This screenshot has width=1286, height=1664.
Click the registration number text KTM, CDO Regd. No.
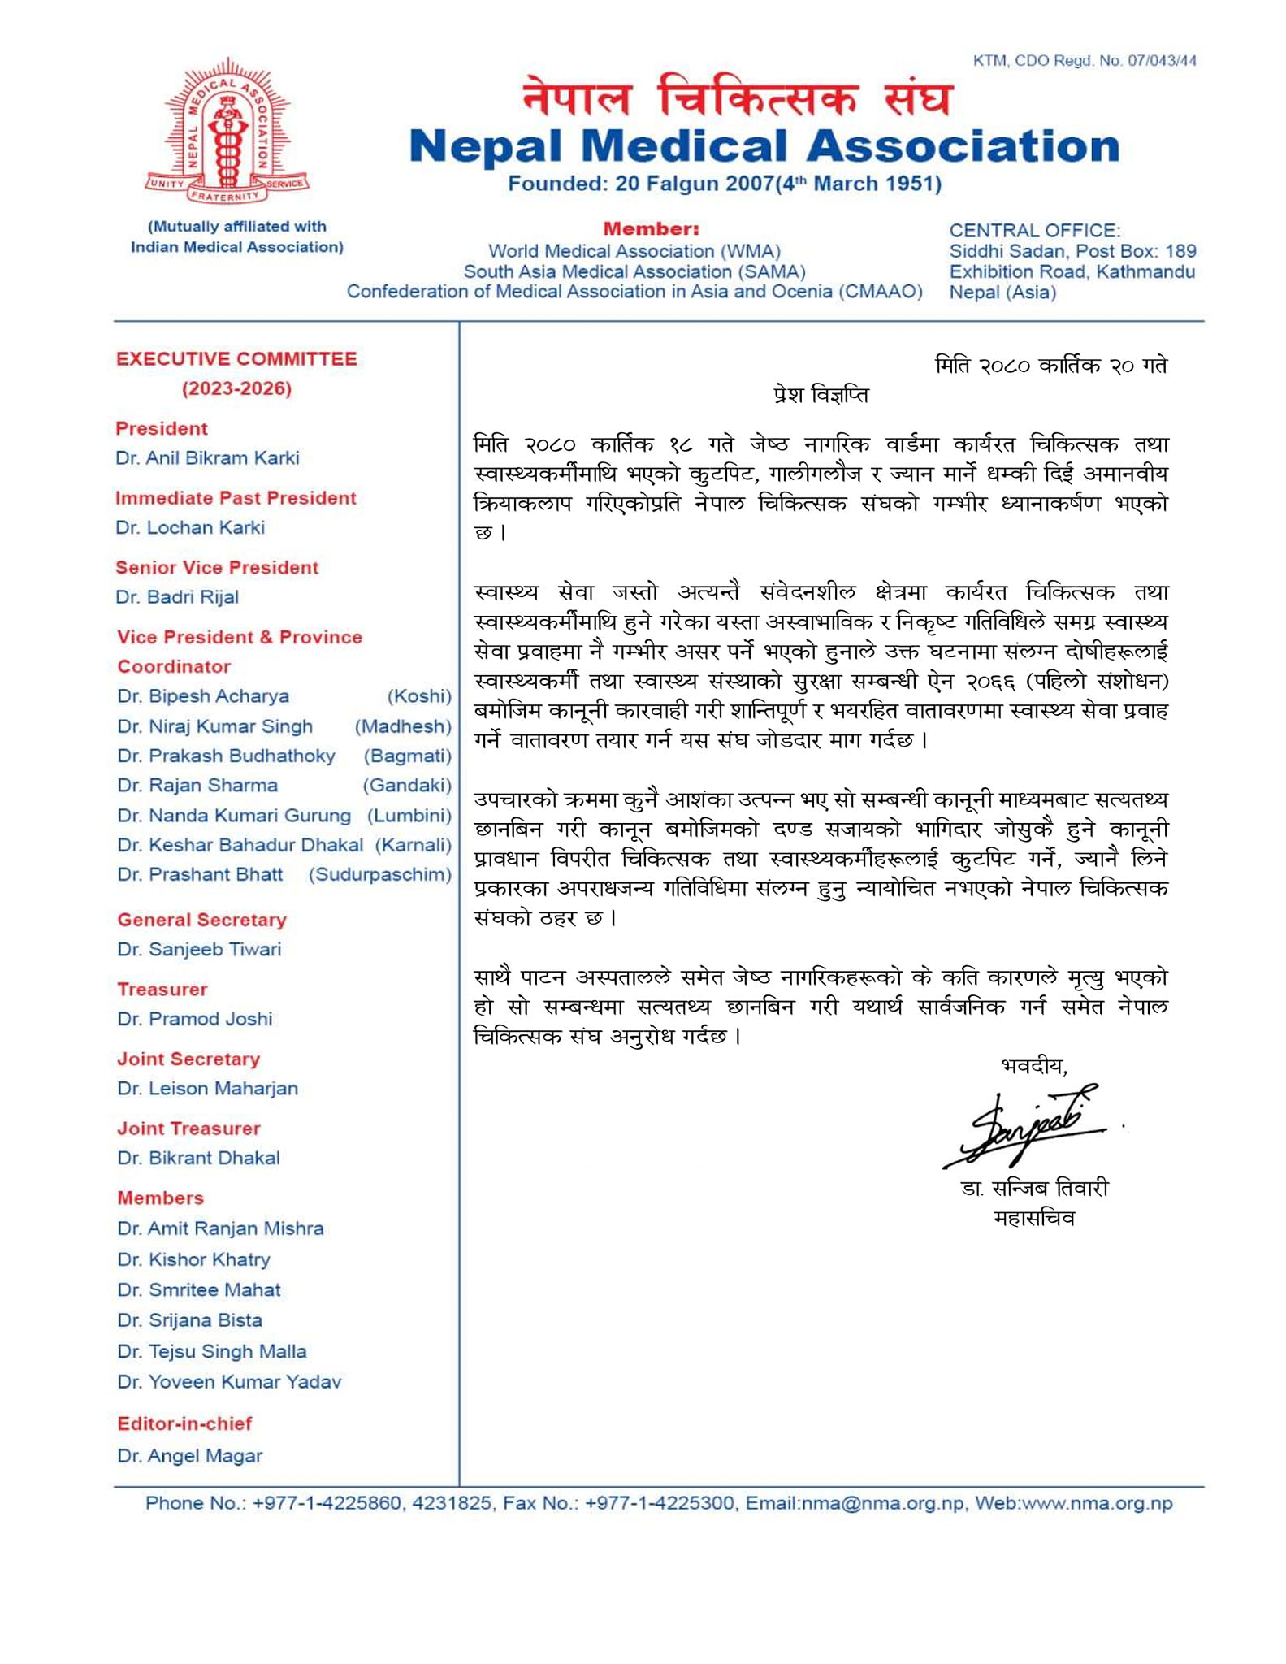[1084, 61]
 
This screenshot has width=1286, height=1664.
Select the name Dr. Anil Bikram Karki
[207, 458]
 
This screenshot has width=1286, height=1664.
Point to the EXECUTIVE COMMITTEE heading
[236, 359]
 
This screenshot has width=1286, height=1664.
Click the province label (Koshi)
[418, 696]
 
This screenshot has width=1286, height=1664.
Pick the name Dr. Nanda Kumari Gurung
[234, 816]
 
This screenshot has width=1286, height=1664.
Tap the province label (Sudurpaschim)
[379, 875]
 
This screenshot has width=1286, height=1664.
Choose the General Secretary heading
[201, 920]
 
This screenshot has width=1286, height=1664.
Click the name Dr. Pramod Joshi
[195, 1019]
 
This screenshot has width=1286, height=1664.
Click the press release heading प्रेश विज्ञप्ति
[821, 396]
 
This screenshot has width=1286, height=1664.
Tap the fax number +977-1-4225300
[660, 1504]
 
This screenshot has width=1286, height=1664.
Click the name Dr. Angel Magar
[190, 1456]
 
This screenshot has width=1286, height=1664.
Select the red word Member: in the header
[651, 229]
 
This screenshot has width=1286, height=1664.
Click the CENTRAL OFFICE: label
[1034, 231]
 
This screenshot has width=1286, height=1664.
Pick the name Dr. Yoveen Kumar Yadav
[229, 1382]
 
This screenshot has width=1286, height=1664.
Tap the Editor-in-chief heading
[184, 1423]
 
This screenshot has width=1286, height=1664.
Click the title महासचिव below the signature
[1033, 1219]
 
